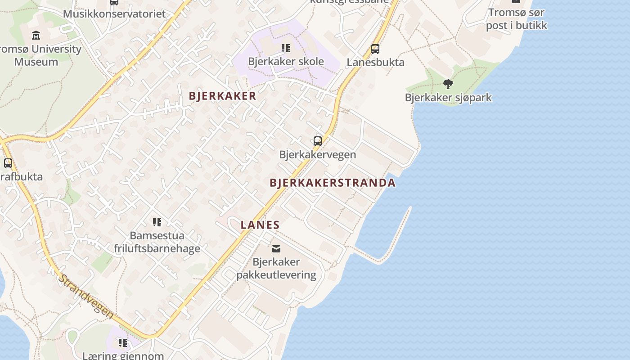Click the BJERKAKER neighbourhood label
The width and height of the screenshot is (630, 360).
tap(222, 96)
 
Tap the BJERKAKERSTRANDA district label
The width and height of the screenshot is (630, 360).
tap(333, 183)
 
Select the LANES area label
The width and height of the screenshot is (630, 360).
tap(260, 225)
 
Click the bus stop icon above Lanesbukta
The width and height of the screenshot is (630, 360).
tap(375, 49)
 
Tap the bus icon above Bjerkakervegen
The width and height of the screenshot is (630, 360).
tap(318, 141)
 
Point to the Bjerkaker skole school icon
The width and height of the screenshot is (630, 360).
tap(286, 48)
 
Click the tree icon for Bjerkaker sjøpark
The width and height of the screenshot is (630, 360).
tap(448, 84)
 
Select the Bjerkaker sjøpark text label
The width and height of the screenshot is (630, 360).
tap(448, 98)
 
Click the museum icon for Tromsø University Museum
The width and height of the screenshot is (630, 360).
tap(36, 35)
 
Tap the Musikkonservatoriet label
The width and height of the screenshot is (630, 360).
tap(114, 13)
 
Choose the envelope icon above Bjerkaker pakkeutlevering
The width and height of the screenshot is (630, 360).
tap(276, 248)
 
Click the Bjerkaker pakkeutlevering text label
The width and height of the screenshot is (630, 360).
tap(276, 268)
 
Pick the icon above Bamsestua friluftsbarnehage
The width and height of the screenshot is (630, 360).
tap(157, 222)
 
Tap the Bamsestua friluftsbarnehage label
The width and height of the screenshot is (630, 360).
tap(157, 242)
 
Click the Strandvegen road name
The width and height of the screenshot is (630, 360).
tap(85, 297)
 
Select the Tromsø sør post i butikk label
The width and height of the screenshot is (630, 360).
tap(516, 19)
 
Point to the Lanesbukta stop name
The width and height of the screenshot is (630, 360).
tap(375, 62)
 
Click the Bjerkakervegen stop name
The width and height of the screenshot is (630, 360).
tap(317, 154)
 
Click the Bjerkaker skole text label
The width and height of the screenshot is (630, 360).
tap(286, 61)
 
